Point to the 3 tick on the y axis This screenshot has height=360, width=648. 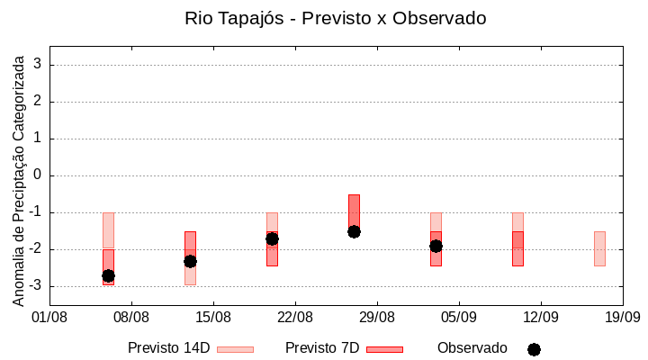point(38,65)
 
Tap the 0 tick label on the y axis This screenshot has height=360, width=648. point(38,175)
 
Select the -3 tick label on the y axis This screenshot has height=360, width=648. point(35,286)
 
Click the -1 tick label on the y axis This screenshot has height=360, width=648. point(35,212)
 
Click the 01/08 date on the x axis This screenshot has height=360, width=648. point(49,317)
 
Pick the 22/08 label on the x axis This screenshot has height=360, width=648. point(295,317)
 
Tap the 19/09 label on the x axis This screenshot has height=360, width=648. point(622,317)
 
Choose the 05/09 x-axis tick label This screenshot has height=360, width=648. point(459,317)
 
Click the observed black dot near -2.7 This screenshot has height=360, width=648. point(108,275)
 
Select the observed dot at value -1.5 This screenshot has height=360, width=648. point(354,231)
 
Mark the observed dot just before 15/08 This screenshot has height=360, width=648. point(190,261)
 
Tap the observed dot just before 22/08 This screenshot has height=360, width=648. point(272,238)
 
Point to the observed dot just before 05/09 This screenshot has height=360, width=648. point(436,246)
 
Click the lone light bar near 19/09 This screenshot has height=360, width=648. point(599,248)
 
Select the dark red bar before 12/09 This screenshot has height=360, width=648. point(517,248)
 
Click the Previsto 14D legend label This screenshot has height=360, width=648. point(168,348)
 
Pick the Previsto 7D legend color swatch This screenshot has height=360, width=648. point(384,349)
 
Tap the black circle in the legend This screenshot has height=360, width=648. point(534,349)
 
